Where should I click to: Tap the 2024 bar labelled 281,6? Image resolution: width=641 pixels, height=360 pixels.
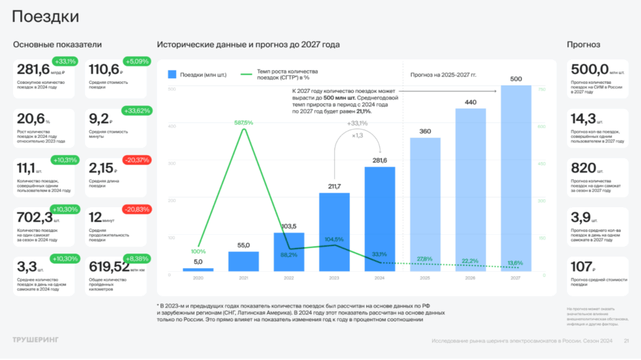(x=380, y=219)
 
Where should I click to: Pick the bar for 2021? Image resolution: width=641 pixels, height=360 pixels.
(x=244, y=261)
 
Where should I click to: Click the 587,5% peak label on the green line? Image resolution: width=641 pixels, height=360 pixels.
(x=243, y=123)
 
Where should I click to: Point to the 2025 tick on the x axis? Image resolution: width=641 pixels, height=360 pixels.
(x=425, y=277)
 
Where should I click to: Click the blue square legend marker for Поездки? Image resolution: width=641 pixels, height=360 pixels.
(x=172, y=75)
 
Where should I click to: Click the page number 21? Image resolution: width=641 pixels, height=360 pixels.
(x=626, y=341)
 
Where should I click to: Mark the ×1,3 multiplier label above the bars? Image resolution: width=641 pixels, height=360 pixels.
(x=358, y=135)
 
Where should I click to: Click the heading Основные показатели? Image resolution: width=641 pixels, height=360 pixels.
(x=58, y=44)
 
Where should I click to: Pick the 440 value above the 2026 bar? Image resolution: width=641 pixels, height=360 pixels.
(x=470, y=102)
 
